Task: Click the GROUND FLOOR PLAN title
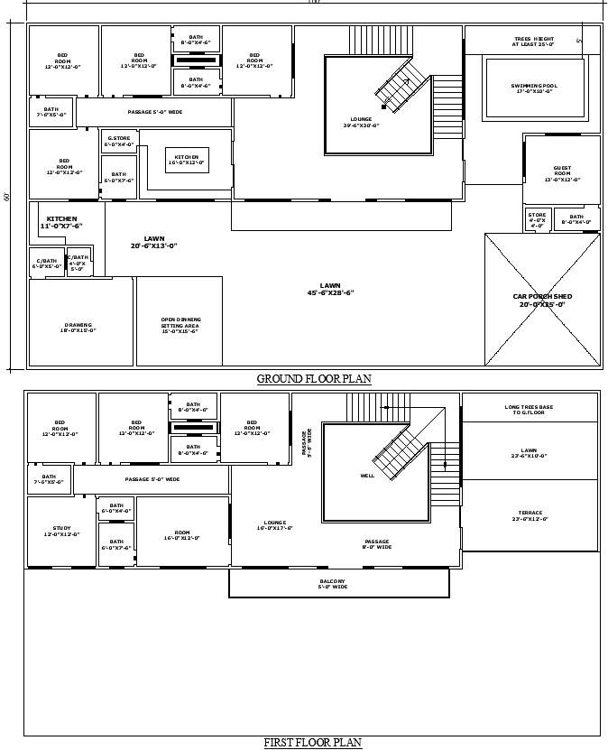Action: (314, 379)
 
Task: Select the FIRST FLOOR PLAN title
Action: (313, 743)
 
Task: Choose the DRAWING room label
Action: (78, 328)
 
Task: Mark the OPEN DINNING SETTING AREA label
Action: (180, 325)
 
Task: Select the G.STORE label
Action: (118, 141)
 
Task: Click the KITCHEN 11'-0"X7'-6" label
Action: (62, 222)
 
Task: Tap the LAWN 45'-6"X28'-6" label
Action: (330, 289)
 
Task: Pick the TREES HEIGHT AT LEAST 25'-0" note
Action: (534, 42)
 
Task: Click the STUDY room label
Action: (61, 531)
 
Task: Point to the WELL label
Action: (367, 476)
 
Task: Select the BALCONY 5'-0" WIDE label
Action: (332, 584)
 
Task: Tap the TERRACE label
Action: (530, 515)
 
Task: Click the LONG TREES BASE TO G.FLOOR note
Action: (530, 409)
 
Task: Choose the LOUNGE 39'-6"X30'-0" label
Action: (361, 122)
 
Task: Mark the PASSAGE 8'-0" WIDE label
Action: (377, 544)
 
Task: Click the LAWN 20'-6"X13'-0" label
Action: (154, 242)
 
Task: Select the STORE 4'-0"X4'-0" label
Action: (537, 219)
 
